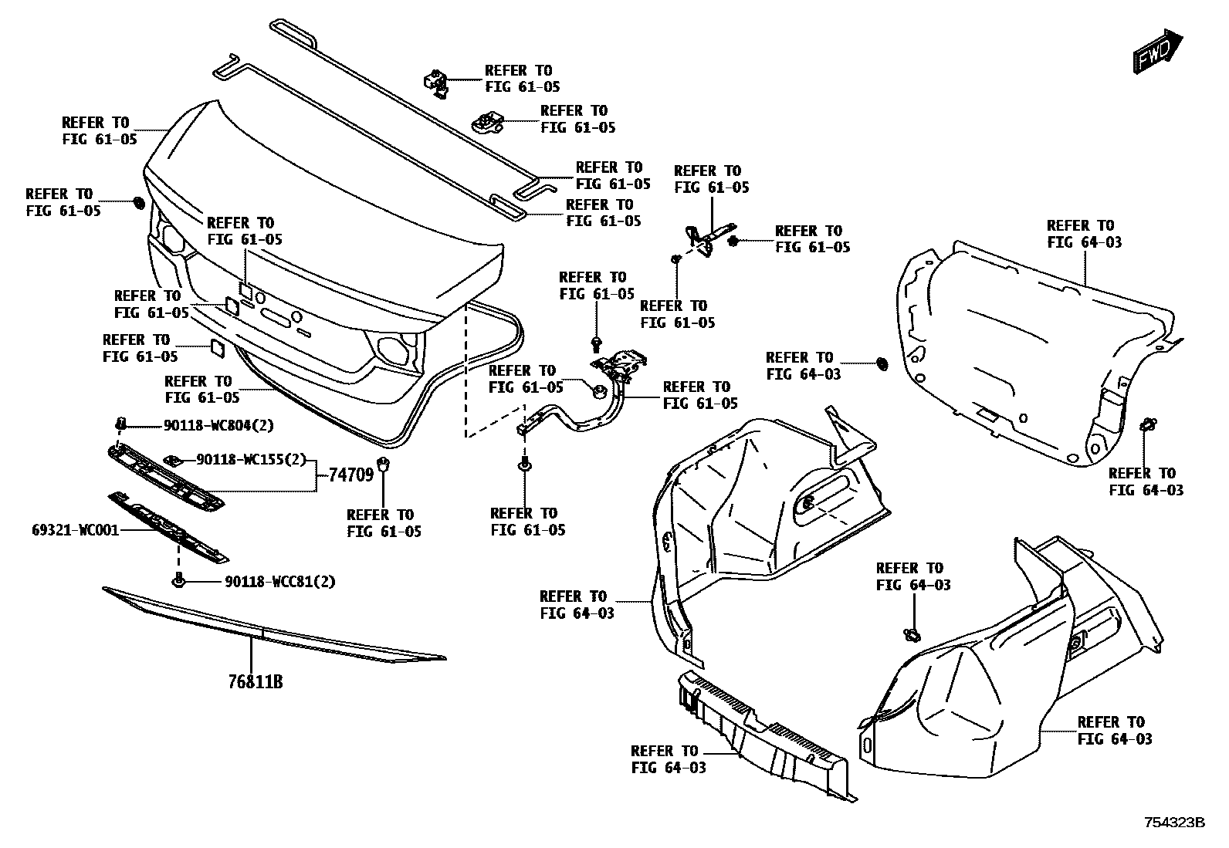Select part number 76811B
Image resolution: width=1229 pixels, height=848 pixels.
(255, 682)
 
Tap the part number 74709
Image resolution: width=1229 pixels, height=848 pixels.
(351, 474)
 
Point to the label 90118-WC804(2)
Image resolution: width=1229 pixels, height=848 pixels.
(218, 425)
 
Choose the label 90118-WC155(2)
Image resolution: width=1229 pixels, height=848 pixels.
(252, 460)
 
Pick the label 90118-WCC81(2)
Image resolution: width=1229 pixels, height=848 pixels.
(280, 582)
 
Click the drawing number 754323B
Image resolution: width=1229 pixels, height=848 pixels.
(1173, 823)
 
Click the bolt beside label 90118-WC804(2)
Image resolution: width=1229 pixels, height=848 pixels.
(120, 423)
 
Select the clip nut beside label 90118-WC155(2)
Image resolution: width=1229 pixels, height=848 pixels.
(175, 461)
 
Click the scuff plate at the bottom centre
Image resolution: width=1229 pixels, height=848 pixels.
(760, 737)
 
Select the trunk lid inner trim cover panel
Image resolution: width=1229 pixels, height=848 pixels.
(1034, 347)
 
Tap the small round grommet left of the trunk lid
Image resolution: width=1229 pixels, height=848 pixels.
(139, 202)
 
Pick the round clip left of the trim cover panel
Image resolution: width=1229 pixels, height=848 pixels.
(882, 362)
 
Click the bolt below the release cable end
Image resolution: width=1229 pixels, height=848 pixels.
(525, 465)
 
